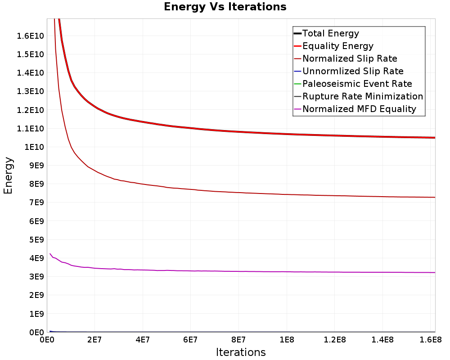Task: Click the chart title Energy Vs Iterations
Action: click(225, 7)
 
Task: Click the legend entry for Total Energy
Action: click(330, 33)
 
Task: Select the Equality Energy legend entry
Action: click(337, 46)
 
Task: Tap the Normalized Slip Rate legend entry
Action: click(350, 58)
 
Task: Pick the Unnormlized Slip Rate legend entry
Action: click(353, 71)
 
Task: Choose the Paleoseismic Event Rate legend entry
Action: click(357, 84)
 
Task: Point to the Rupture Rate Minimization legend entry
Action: click(362, 96)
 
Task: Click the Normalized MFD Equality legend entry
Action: click(359, 109)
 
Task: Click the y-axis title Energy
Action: click(8, 175)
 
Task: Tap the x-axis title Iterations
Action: click(241, 352)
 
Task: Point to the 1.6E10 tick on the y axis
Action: click(30, 36)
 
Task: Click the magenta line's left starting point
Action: click(50, 254)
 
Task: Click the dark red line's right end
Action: click(435, 197)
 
